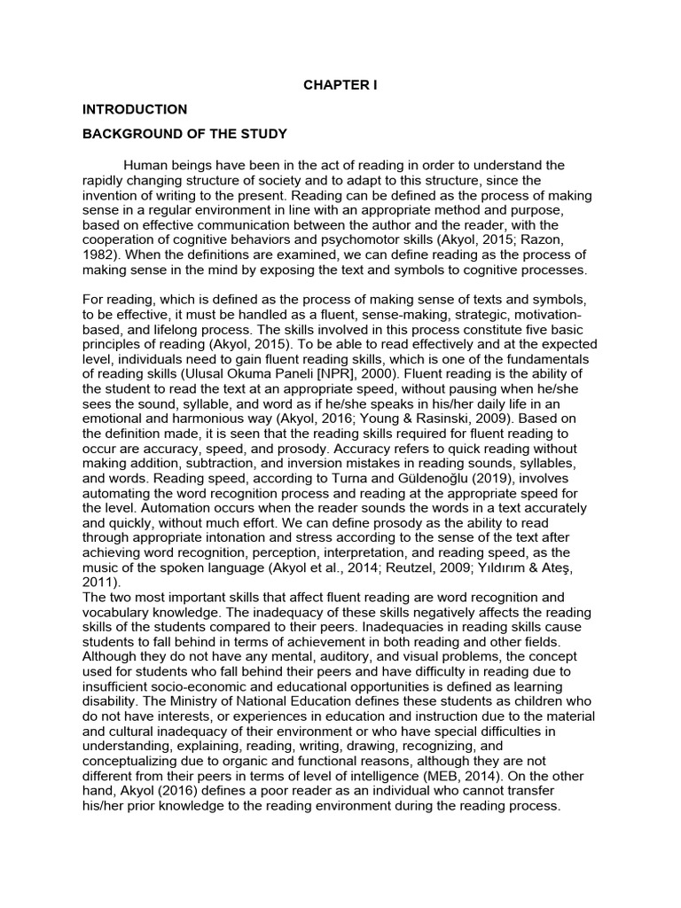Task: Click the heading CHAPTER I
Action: tap(340, 85)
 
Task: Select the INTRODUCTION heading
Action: tap(135, 110)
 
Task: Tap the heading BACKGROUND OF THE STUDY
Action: tap(185, 135)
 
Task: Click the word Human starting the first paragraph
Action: tap(145, 166)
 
